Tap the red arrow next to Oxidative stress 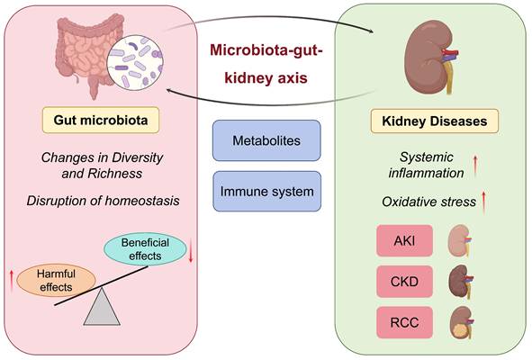click(x=483, y=202)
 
